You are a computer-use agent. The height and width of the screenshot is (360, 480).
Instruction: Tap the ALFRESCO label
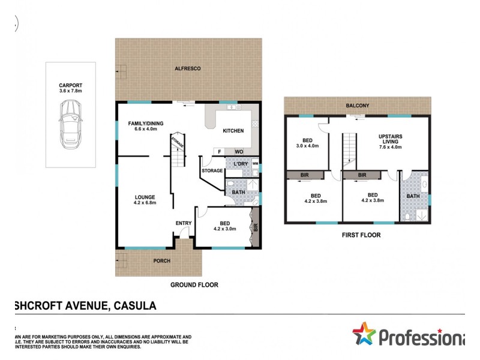pos(188,69)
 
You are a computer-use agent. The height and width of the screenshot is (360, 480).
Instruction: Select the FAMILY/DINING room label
pos(146,124)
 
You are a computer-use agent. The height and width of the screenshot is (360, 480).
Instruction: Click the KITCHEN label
pos(233,131)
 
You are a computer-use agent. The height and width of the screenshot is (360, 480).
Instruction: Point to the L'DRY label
pos(236,163)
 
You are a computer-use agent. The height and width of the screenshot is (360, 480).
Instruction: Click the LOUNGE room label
pos(145,197)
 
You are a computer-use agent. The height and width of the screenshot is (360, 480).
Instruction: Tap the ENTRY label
pos(183,224)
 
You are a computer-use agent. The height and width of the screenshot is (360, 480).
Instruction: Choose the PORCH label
pos(161,261)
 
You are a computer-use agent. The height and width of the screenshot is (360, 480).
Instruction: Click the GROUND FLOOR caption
pos(194,285)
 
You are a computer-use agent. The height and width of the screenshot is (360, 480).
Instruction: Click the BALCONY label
pos(357,106)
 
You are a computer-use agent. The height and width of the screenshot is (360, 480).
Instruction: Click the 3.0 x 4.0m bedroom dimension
pos(307,146)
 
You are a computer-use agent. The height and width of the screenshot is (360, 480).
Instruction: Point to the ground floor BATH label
pos(238,192)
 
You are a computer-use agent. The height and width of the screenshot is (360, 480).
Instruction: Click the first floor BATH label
pos(413,196)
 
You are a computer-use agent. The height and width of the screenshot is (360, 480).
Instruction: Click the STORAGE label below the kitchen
pos(212,171)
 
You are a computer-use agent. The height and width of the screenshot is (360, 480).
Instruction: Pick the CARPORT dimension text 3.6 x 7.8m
pos(70,91)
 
